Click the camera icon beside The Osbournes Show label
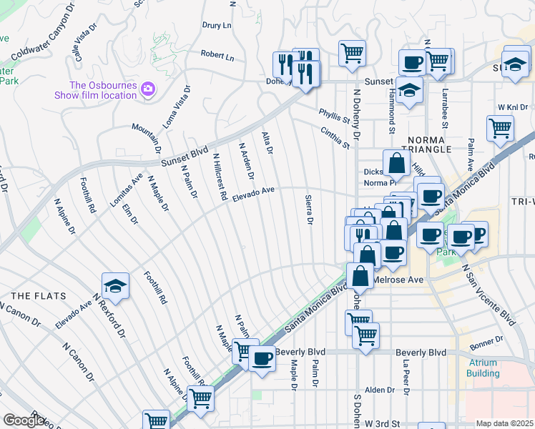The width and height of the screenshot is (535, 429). [x=148, y=89]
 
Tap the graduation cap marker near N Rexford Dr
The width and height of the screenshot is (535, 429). [x=114, y=286]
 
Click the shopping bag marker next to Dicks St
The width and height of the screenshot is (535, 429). [x=396, y=163]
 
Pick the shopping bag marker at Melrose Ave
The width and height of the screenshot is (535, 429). [x=360, y=275]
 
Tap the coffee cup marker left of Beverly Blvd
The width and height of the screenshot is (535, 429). [x=262, y=357]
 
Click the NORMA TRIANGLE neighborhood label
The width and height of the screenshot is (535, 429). [x=419, y=144]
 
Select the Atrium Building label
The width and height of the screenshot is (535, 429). [x=483, y=368]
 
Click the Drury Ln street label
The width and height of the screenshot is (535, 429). [x=217, y=26]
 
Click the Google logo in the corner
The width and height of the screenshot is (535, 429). [x=24, y=420]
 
